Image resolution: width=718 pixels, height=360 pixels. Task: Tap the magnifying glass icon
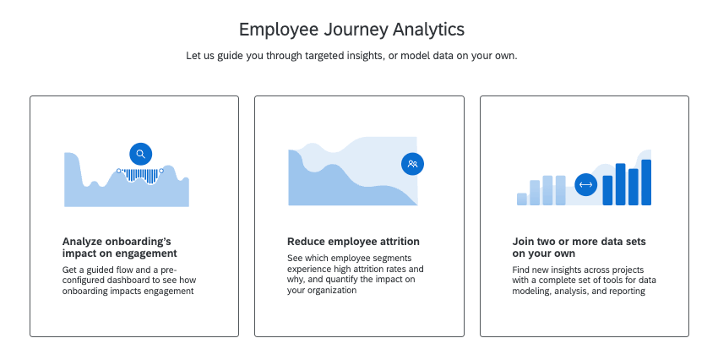point(141,154)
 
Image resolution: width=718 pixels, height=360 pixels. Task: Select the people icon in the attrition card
point(412,164)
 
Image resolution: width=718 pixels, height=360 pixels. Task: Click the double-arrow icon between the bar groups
point(585,185)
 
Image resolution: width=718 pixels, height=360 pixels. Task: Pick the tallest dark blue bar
point(646,182)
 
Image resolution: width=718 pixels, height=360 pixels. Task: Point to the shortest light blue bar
point(521,199)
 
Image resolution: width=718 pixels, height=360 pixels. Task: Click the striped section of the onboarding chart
point(141,175)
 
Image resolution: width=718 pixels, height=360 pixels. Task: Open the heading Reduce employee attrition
point(353,242)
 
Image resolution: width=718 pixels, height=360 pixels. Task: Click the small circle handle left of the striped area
point(119,171)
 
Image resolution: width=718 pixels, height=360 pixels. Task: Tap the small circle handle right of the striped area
point(162,171)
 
